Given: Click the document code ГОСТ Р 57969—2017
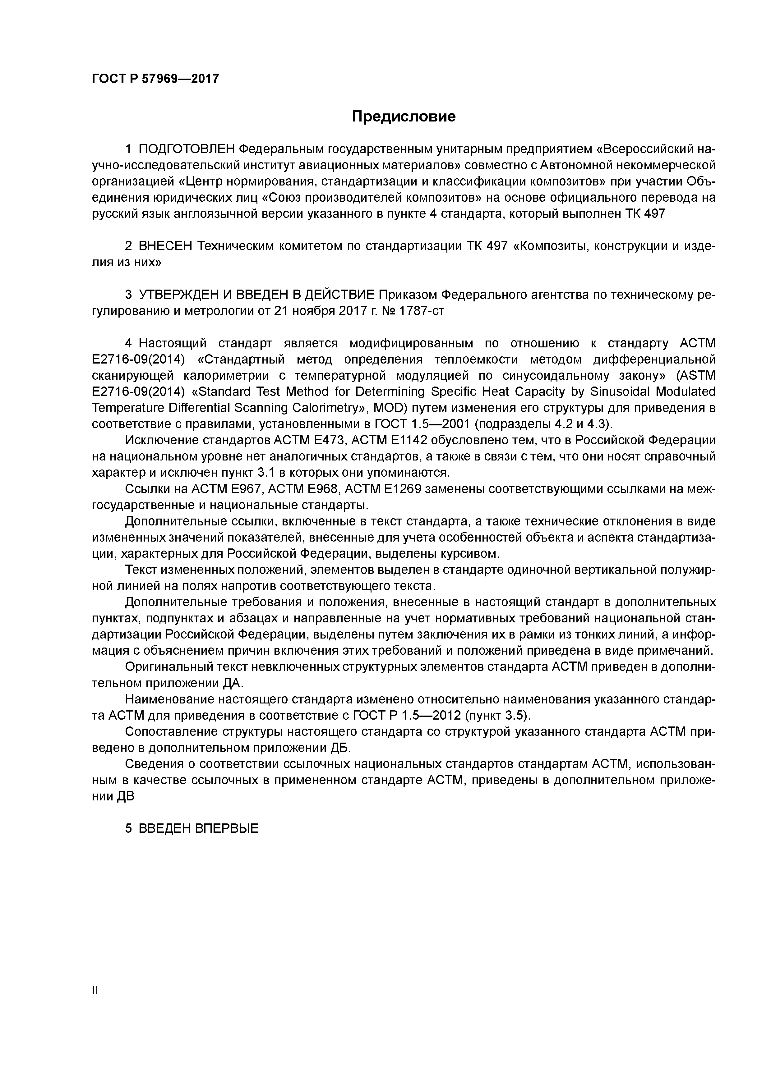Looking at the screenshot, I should point(155,79).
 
